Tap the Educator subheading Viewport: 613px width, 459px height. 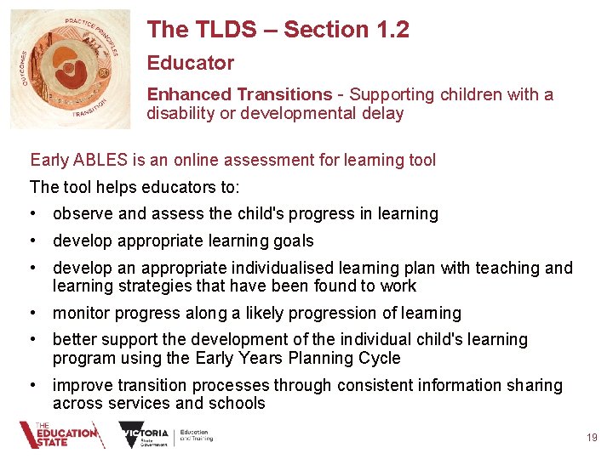coord(190,63)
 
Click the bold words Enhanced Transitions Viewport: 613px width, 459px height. coord(239,94)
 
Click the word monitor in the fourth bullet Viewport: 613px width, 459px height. coord(83,314)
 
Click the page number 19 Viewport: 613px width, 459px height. coord(592,438)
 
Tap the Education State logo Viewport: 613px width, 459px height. coord(61,435)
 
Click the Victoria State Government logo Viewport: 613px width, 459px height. coord(166,435)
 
